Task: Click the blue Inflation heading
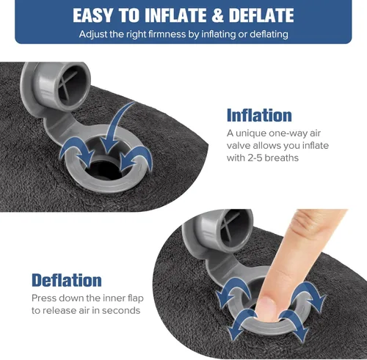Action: (x=259, y=115)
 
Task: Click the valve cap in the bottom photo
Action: (x=228, y=230)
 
